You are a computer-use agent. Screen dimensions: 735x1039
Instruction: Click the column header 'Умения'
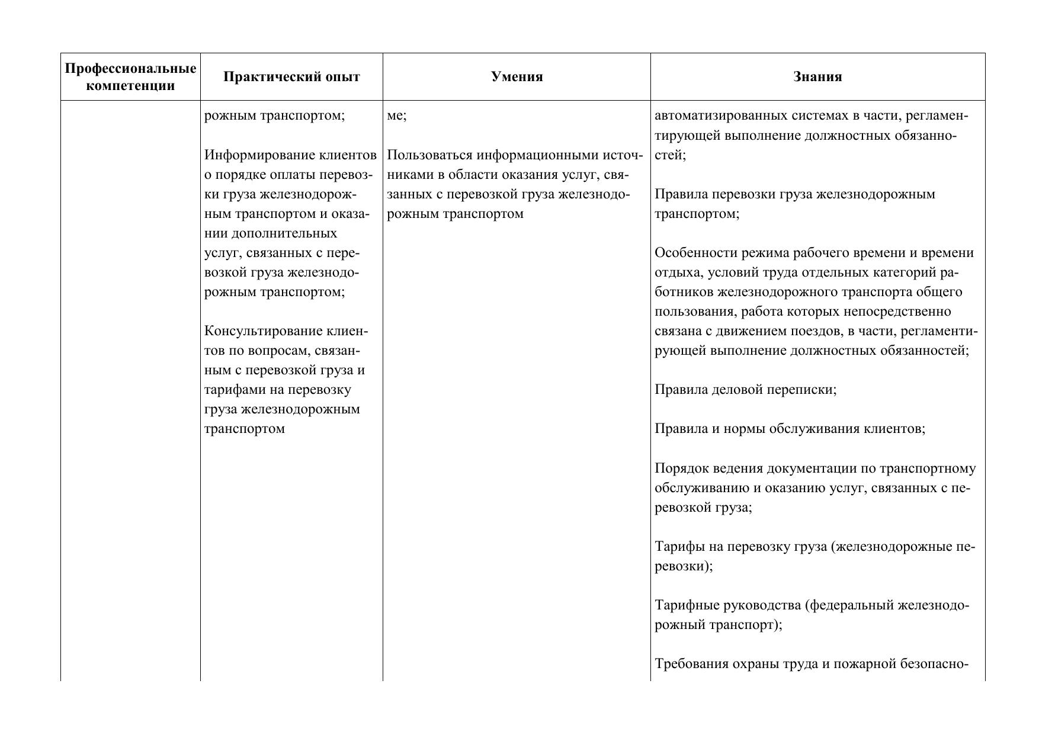[517, 77]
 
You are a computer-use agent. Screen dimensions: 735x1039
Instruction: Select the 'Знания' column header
[817, 77]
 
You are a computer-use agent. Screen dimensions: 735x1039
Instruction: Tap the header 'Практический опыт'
[291, 77]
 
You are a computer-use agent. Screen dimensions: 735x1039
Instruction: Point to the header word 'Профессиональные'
[130, 69]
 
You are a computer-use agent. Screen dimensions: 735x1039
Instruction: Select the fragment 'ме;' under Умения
[396, 116]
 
